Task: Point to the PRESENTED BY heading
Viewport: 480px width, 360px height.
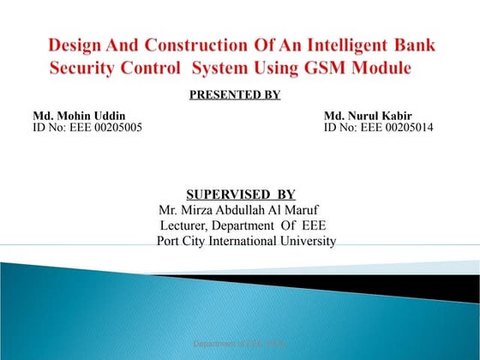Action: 234,94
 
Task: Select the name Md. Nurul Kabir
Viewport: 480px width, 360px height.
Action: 368,116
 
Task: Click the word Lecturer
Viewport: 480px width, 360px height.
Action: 186,225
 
